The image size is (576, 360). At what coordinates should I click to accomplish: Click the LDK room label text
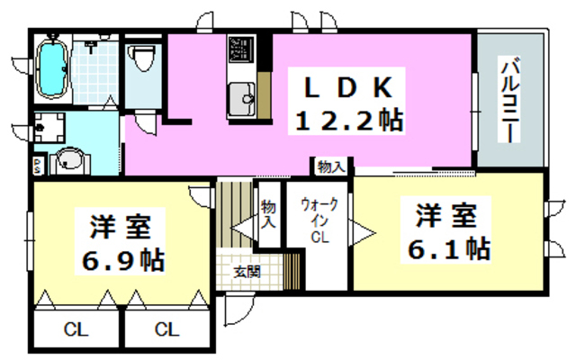[x=346, y=87]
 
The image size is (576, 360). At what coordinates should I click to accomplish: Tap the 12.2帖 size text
[x=346, y=120]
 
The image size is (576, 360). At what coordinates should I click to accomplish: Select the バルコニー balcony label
[x=509, y=99]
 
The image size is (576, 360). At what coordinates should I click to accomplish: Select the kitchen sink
[x=241, y=95]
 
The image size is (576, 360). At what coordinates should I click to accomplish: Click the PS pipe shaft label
[x=37, y=166]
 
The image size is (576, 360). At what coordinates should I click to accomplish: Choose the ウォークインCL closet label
[x=319, y=221]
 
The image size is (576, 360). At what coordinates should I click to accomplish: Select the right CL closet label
[x=166, y=330]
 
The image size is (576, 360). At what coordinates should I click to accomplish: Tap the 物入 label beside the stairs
[x=268, y=218]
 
